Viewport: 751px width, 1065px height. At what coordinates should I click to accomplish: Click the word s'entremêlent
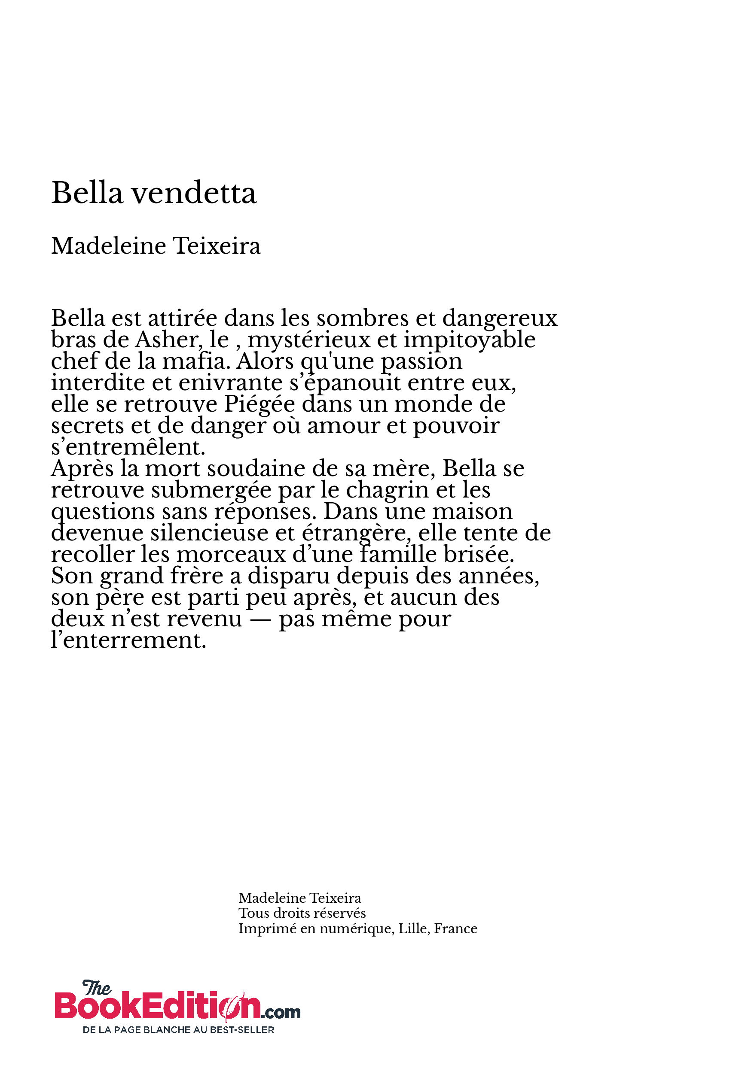pyautogui.click(x=128, y=447)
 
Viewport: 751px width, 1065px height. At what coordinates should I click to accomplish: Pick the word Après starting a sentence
pyautogui.click(x=82, y=468)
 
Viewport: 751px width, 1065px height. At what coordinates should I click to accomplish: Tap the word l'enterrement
pyautogui.click(x=128, y=640)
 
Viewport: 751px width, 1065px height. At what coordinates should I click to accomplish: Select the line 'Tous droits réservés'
pyautogui.click(x=302, y=913)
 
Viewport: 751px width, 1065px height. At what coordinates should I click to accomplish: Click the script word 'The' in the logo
pyautogui.click(x=97, y=988)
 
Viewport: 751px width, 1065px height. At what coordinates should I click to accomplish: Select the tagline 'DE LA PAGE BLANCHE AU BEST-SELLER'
pyautogui.click(x=178, y=1030)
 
